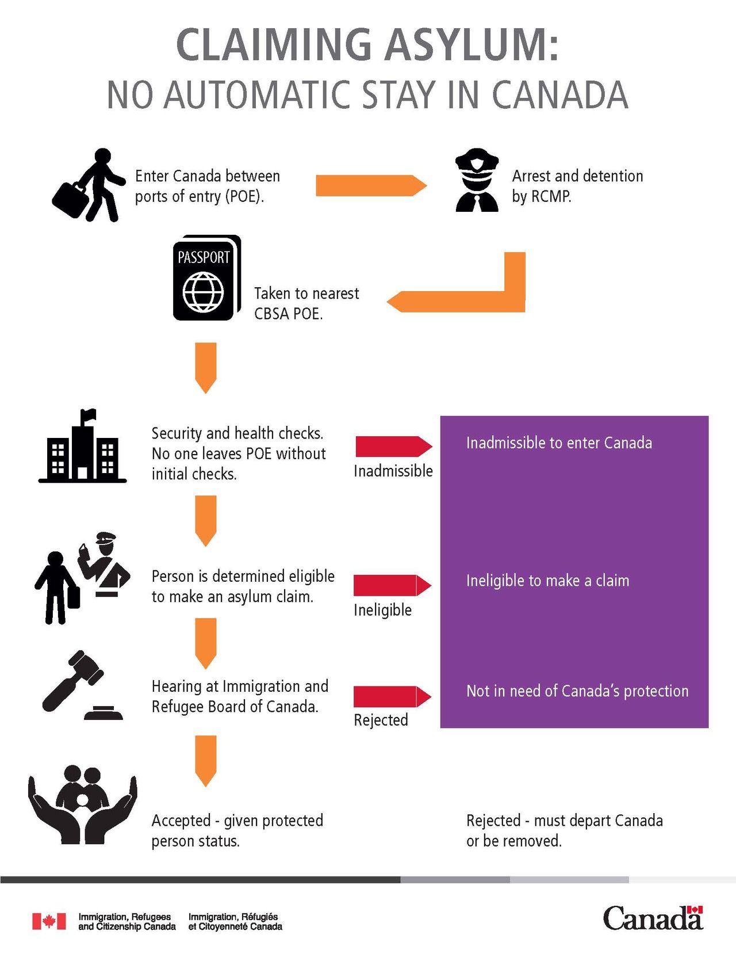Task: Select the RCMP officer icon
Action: pyautogui.click(x=476, y=181)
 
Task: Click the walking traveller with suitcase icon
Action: pyautogui.click(x=90, y=185)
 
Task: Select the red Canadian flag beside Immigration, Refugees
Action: pyautogui.click(x=49, y=921)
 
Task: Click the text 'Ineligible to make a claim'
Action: pyautogui.click(x=547, y=581)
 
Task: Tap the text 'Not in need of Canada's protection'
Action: pyautogui.click(x=577, y=691)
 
